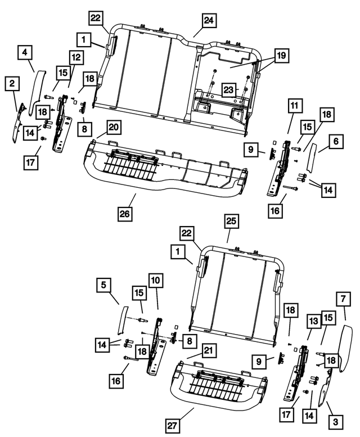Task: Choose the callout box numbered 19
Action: point(280,55)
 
